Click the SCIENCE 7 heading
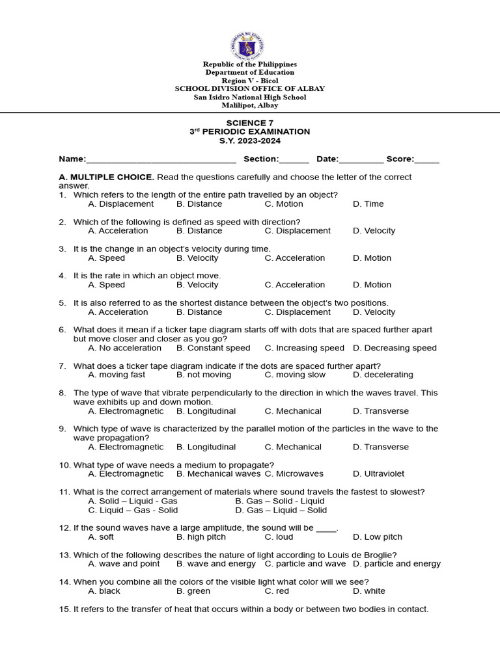point(249,123)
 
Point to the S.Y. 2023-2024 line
point(249,140)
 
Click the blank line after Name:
point(161,159)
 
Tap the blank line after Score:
point(426,159)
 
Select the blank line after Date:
point(361,159)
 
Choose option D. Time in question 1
point(368,204)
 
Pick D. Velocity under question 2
point(374,231)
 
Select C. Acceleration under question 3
point(294,258)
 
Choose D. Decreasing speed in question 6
point(395,348)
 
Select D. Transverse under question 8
point(381,411)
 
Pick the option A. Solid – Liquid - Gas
point(133,501)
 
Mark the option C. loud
point(279,537)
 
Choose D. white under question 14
point(369,591)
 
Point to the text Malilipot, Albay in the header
point(249,105)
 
